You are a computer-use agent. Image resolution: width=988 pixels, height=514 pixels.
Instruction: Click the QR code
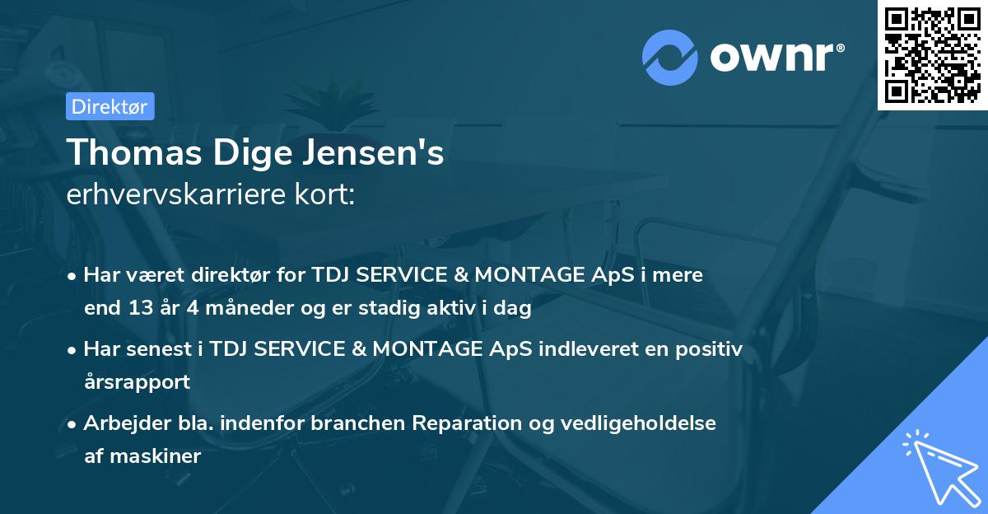(932, 54)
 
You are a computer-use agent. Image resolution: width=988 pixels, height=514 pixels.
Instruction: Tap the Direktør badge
(110, 105)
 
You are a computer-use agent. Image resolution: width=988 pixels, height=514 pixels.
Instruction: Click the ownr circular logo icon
(669, 57)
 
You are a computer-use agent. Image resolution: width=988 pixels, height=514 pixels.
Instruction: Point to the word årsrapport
(137, 382)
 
